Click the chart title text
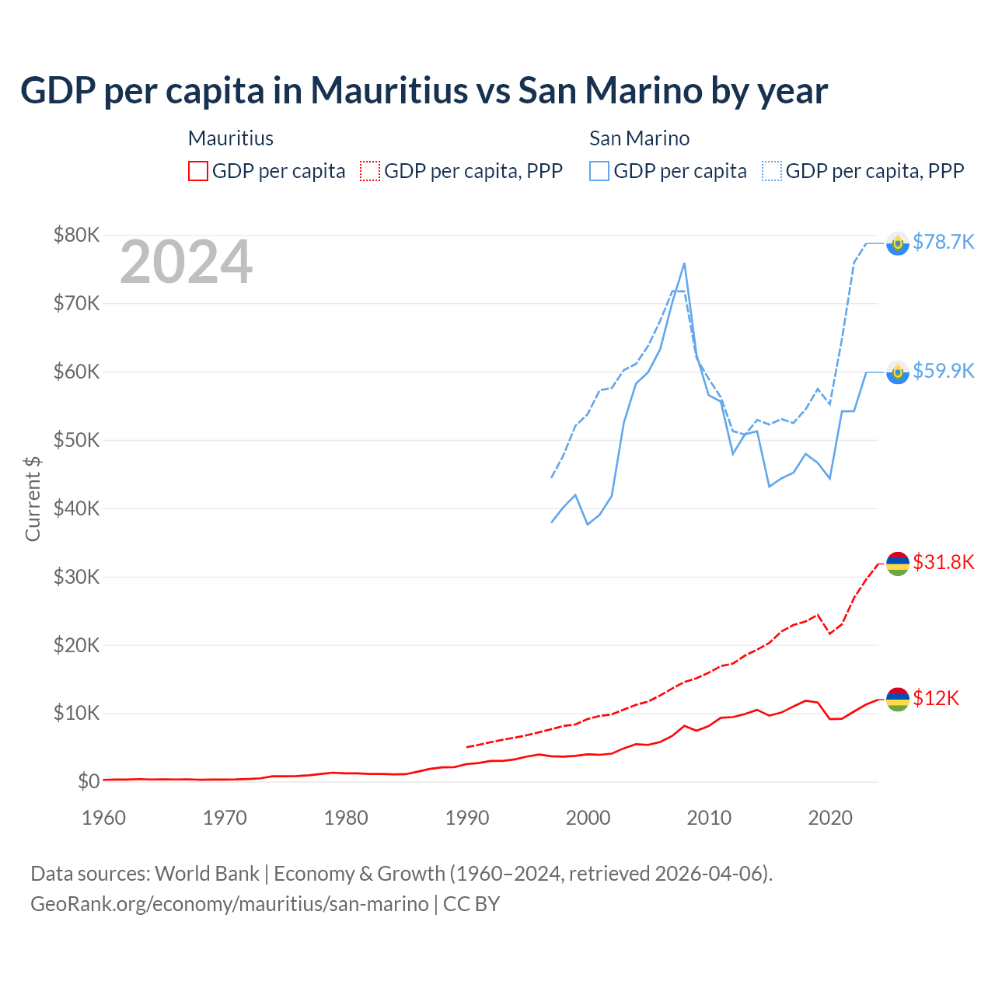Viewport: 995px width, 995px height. point(424,90)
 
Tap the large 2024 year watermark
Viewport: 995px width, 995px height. point(186,262)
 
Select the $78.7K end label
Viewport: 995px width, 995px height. point(943,242)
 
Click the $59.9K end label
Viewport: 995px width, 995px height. point(943,371)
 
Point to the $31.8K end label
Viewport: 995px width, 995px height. point(943,562)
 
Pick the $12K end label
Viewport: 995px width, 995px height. point(935,698)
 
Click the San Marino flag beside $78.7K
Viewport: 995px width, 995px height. point(898,243)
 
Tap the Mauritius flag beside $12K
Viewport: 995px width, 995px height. point(898,700)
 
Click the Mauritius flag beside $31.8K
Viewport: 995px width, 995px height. point(898,564)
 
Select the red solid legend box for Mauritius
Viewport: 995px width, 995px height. point(198,171)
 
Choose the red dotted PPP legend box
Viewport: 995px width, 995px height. point(370,171)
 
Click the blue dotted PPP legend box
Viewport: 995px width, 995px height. point(772,171)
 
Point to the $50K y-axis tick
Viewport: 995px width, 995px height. point(76,440)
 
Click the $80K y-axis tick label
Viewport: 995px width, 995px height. point(76,235)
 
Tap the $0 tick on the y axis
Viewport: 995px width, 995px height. point(88,781)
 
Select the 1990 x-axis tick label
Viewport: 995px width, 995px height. point(467,818)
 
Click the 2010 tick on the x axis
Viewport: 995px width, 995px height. point(709,818)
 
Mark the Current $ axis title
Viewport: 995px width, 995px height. point(33,498)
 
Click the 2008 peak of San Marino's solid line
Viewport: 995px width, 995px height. point(684,264)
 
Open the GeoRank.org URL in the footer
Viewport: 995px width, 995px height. point(229,904)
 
